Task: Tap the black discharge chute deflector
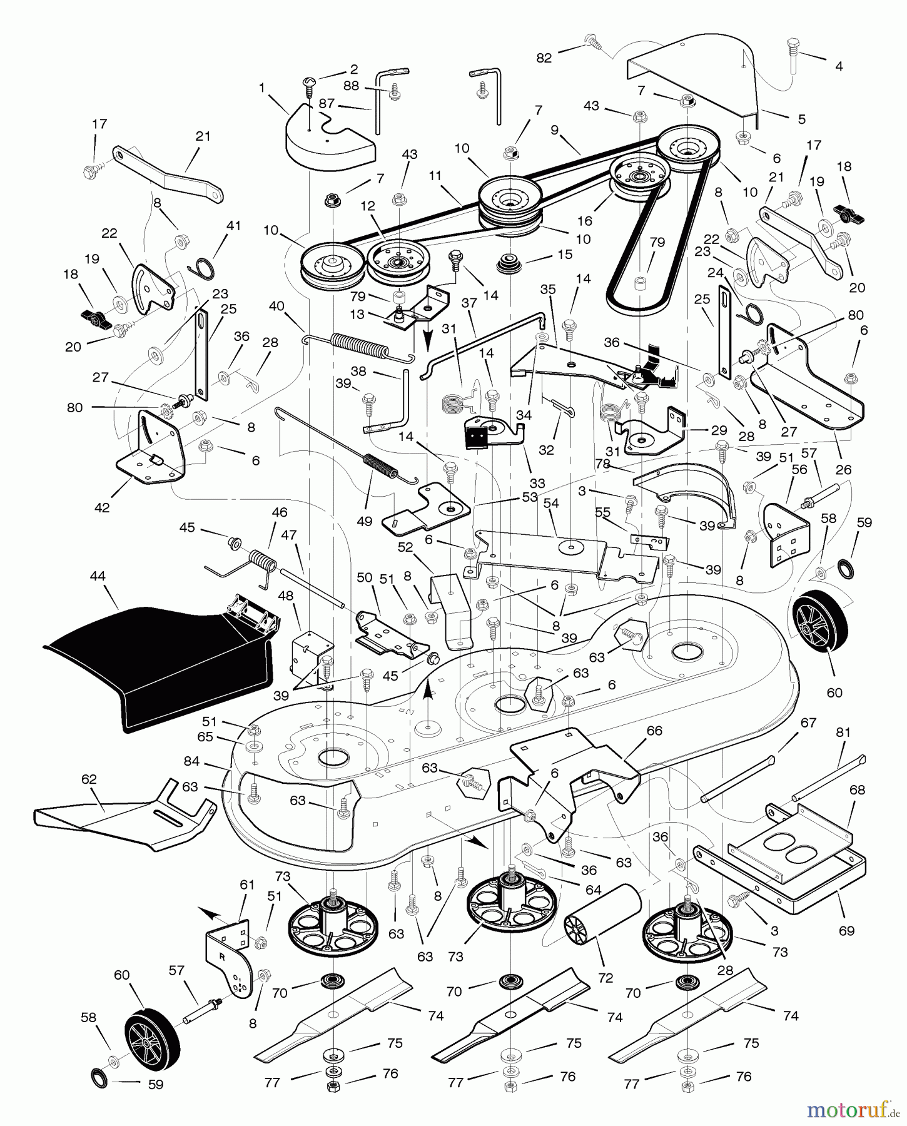156,663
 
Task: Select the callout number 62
89,779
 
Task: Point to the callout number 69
846,931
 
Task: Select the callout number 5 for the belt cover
801,119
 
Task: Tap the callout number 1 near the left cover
262,88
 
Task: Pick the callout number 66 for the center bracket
654,731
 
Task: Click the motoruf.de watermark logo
854,1110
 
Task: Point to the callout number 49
364,520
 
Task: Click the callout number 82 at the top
544,58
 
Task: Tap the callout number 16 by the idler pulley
585,220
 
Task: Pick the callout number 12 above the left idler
368,205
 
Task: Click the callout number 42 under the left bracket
101,508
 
